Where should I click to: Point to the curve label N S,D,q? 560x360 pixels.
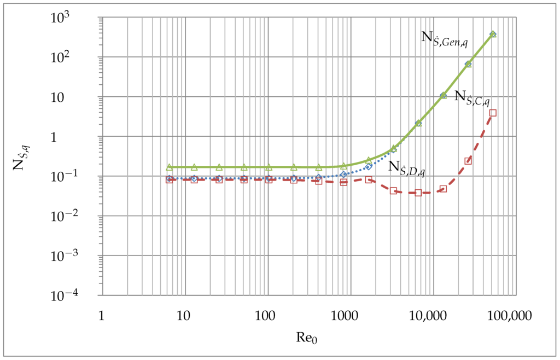click(x=407, y=168)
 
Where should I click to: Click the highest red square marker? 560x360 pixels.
click(x=493, y=113)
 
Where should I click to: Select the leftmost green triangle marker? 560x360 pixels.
click(x=169, y=167)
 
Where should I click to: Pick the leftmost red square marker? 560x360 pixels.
click(x=169, y=179)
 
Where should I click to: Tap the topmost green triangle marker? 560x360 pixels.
click(x=493, y=34)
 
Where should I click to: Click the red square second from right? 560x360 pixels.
click(x=468, y=161)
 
